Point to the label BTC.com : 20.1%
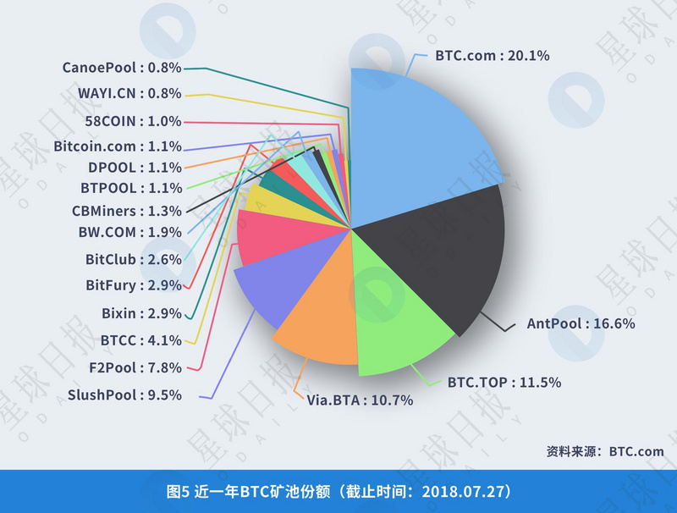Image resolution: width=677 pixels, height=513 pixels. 493,56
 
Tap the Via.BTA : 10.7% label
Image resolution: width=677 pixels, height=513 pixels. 360,400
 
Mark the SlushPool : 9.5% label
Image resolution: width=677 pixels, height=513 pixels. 125,394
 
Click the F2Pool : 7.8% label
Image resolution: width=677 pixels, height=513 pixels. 135,367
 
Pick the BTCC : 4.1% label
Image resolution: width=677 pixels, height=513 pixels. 140,340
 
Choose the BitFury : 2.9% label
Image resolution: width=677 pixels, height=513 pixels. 134,285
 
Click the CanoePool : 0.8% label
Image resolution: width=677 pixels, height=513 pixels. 122,68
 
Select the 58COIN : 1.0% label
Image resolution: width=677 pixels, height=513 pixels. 134,120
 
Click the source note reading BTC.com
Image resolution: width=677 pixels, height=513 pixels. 636,451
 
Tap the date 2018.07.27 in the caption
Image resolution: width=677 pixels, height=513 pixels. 462,491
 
